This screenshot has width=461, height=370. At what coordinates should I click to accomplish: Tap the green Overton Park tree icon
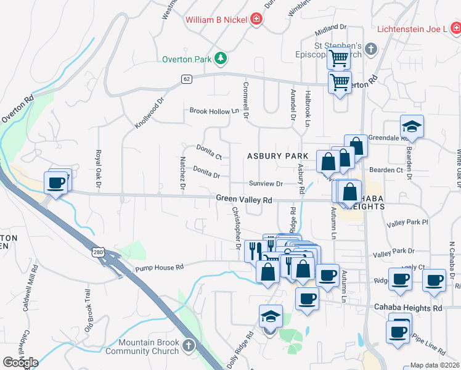pyautogui.click(x=220, y=59)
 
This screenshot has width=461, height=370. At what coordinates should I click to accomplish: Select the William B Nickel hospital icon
pyautogui.click(x=256, y=20)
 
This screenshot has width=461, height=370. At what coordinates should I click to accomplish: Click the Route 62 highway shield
pyautogui.click(x=187, y=79)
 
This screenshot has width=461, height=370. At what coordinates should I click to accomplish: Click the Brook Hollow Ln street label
pyautogui.click(x=214, y=111)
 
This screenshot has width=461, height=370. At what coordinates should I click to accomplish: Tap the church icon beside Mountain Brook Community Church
pyautogui.click(x=189, y=345)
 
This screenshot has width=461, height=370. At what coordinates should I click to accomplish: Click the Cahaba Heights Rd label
pyautogui.click(x=408, y=308)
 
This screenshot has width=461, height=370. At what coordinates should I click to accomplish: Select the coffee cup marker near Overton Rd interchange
pyautogui.click(x=56, y=183)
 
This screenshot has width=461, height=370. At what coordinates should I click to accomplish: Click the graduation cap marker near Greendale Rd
pyautogui.click(x=412, y=127)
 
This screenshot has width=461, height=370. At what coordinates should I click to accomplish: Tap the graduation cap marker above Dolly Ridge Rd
pyautogui.click(x=271, y=316)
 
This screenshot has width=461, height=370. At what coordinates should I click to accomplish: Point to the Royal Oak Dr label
pyautogui.click(x=98, y=168)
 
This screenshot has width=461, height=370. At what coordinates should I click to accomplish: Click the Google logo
pyautogui.click(x=20, y=362)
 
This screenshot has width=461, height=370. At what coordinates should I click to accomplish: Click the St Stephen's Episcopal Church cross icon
pyautogui.click(x=371, y=49)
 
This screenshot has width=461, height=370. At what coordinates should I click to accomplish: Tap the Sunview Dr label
pyautogui.click(x=266, y=184)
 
